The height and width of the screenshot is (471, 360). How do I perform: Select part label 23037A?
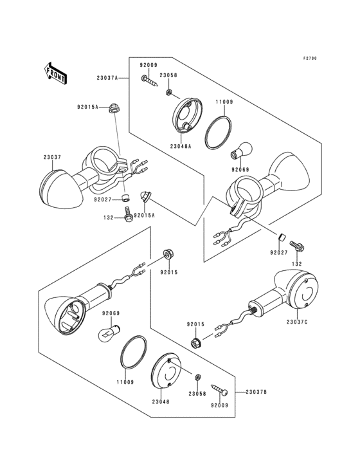107,78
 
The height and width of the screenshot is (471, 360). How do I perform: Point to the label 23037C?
297,322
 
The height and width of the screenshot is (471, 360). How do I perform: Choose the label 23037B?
256,392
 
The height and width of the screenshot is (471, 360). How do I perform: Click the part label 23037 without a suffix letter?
52,157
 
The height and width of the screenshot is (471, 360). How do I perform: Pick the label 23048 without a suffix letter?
161,402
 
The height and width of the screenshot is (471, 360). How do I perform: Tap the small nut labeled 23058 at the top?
169,91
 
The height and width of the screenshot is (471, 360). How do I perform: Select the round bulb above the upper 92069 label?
242,151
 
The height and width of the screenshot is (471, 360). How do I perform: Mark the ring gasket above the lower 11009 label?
134,352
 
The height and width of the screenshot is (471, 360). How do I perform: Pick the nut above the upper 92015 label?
167,254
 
